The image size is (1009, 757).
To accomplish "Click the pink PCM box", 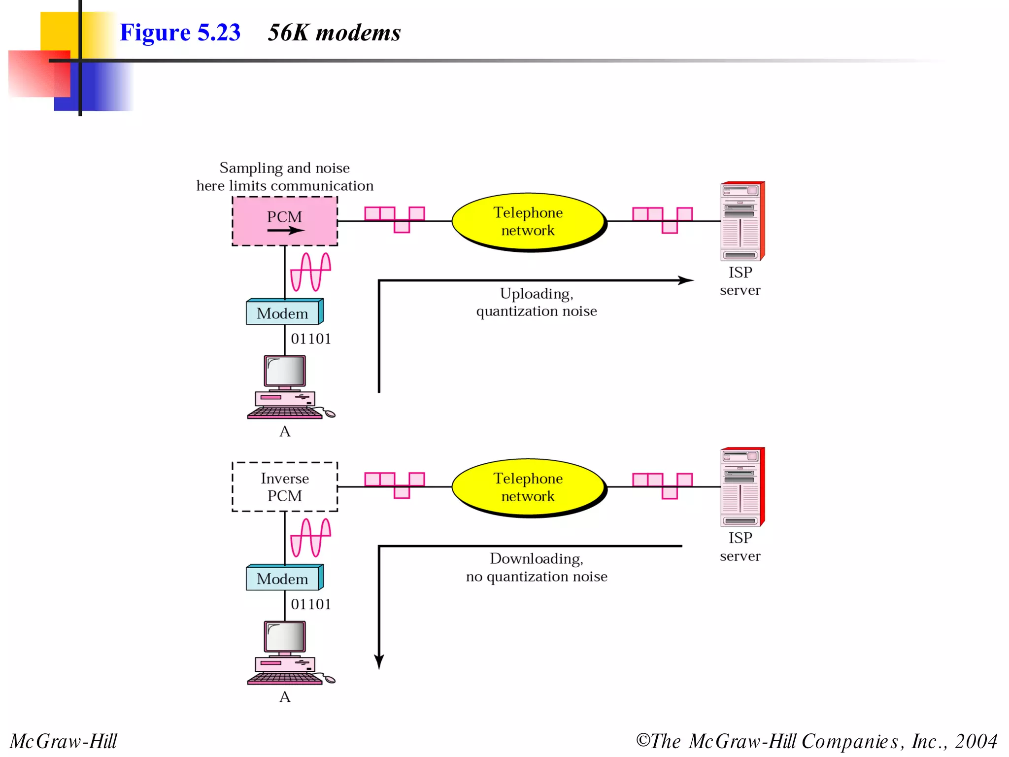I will (285, 221).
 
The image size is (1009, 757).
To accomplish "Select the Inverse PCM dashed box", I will (285, 486).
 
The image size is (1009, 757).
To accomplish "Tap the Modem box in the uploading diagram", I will (283, 313).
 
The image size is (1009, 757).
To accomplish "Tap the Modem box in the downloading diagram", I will (283, 579).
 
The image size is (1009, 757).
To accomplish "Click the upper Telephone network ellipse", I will (528, 222).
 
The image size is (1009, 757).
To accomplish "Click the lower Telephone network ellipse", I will (528, 487).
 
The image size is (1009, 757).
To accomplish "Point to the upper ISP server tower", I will (741, 221).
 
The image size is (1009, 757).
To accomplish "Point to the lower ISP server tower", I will (741, 487).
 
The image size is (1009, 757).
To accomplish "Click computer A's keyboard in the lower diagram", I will (285, 679).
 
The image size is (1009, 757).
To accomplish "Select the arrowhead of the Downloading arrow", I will (379, 661).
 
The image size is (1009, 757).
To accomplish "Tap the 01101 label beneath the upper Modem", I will (311, 339).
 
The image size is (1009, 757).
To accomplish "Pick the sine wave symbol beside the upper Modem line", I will (310, 272).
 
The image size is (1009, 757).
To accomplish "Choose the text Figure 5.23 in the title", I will (180, 33).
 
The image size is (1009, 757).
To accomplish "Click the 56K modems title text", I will (334, 33).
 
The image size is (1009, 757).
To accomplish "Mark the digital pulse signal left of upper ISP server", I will (662, 220).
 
